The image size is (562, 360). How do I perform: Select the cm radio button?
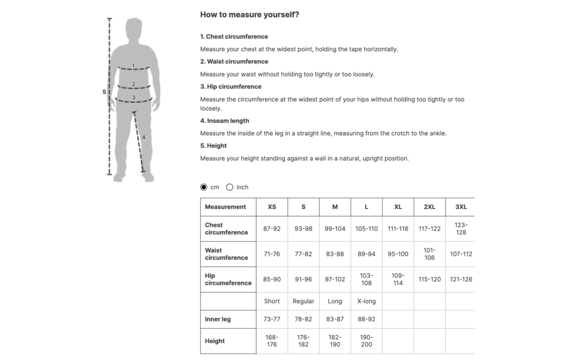203,187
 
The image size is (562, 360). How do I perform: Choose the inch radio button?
229,187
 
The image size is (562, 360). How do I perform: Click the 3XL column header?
461,207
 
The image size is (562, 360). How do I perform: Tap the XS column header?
272,207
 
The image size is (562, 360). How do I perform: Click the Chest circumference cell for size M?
335,229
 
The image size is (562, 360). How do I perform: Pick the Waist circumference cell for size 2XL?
429,254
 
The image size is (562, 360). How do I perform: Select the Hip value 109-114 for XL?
398,280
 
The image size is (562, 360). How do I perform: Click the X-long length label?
366,301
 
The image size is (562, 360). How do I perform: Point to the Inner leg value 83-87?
335,319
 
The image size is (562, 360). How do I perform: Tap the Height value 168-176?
272,341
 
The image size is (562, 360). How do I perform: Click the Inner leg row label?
217,319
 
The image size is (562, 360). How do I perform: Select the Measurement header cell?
225,207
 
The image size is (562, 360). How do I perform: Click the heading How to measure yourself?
250,15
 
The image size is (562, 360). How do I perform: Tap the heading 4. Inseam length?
225,121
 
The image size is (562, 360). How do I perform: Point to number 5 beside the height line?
104,92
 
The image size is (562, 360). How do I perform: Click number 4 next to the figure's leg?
143,137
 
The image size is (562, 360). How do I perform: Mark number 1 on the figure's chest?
133,65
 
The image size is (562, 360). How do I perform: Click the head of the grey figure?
134,28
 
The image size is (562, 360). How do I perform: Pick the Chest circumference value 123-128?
461,229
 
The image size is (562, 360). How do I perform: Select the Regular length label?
303,301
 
